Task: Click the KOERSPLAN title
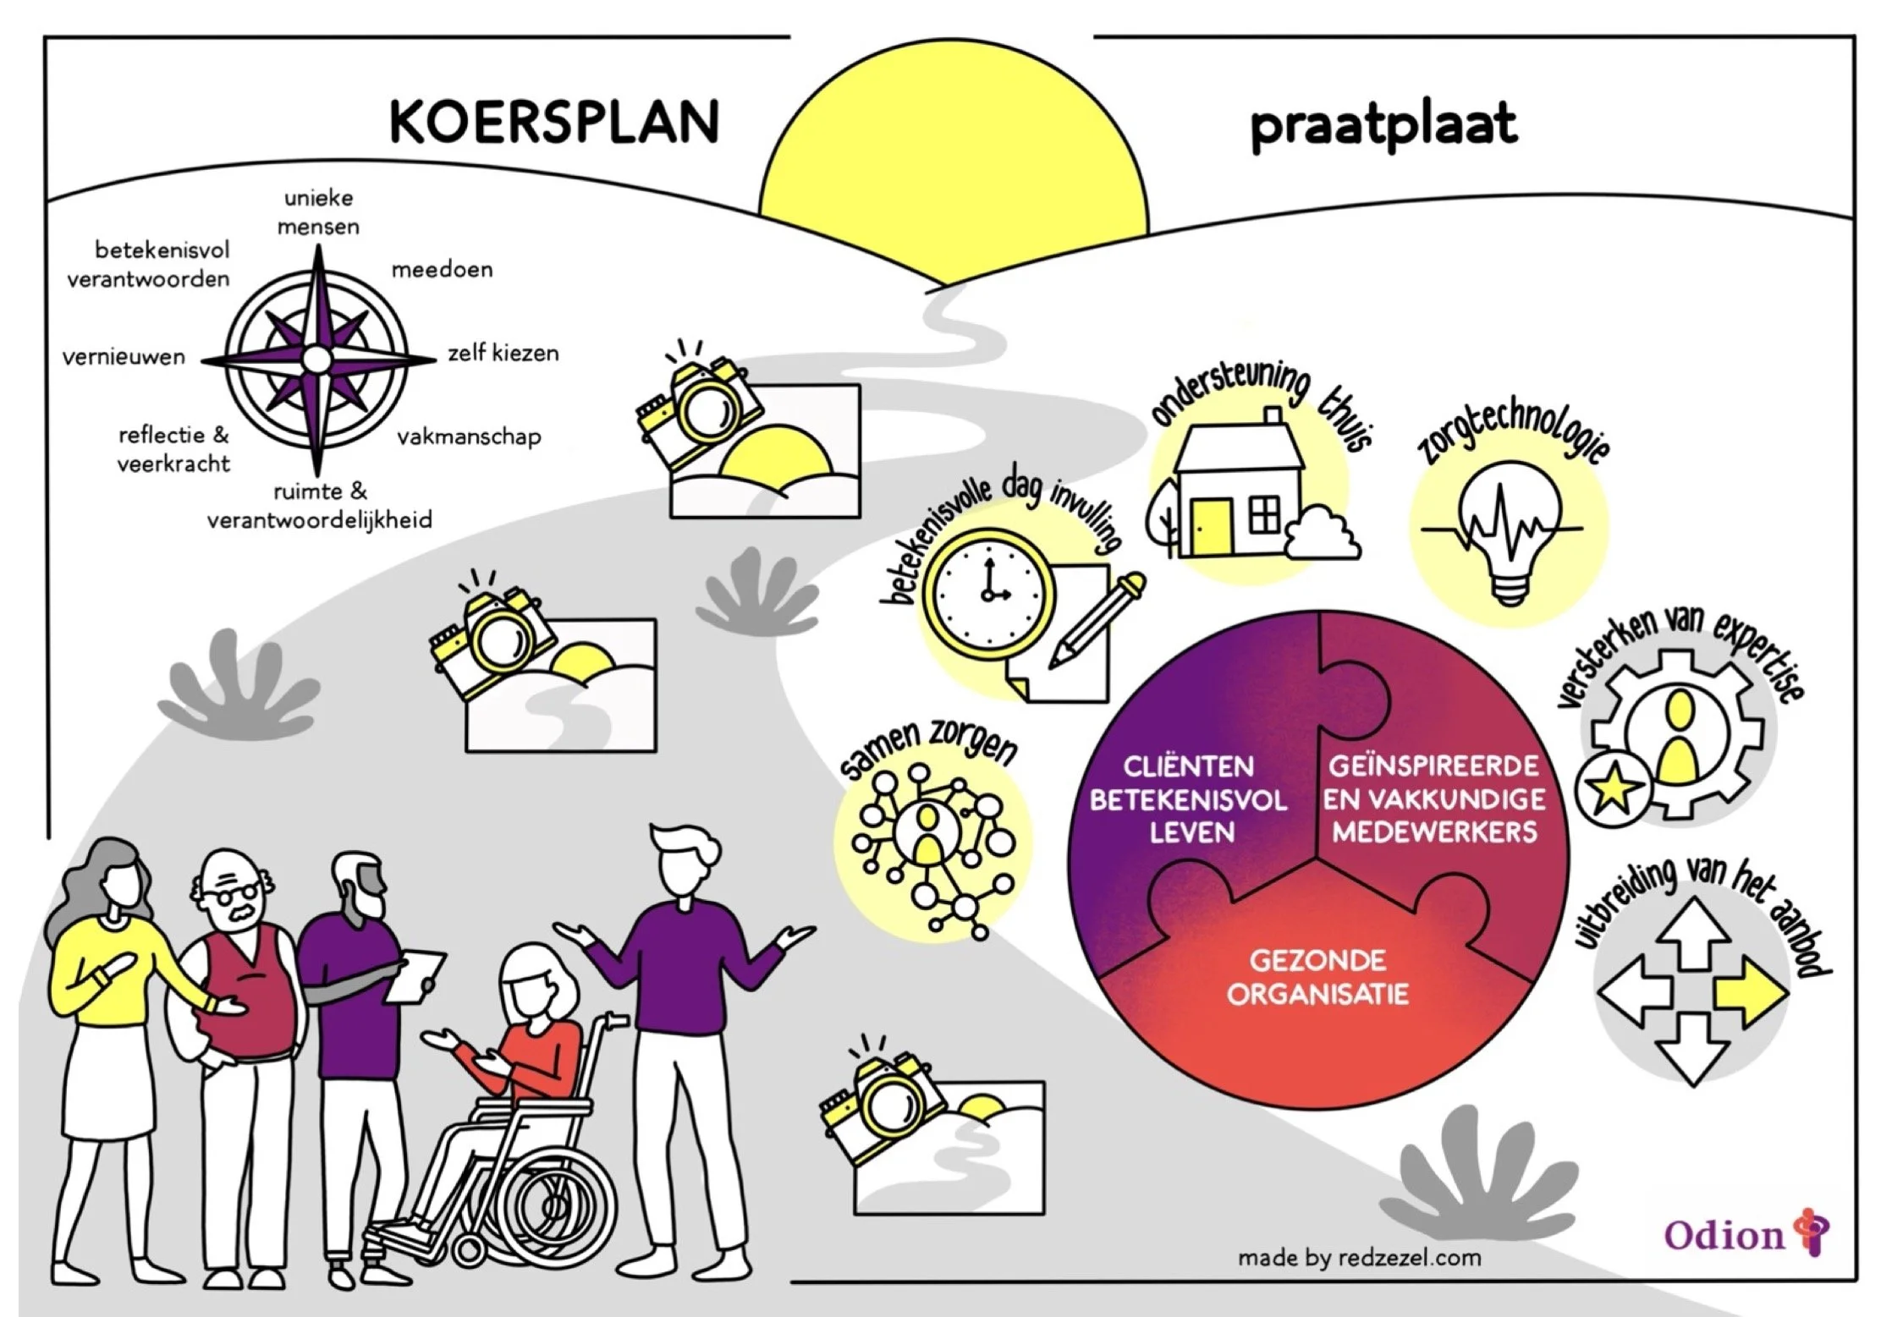554,123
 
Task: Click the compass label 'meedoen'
442,270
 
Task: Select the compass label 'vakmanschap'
469,437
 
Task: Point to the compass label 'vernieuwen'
124,357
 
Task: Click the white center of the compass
316,359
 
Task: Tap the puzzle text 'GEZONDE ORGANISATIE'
1317,977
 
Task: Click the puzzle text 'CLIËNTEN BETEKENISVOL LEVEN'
1189,799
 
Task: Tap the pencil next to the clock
1097,622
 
